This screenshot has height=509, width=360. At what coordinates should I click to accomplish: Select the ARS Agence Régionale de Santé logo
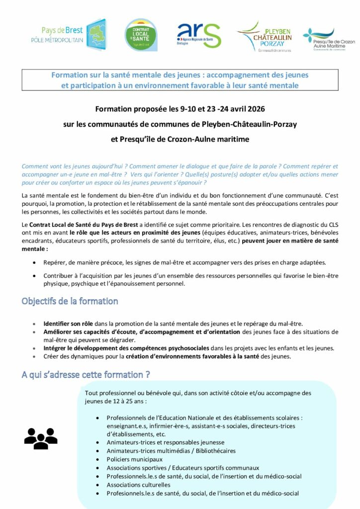tap(199, 35)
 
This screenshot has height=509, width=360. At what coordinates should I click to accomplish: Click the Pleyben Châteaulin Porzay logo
tap(265, 36)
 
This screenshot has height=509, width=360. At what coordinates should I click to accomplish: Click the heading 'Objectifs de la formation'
tap(70, 301)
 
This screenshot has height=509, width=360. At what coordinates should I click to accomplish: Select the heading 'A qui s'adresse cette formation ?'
tap(86, 374)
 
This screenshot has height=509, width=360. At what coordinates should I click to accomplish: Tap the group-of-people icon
tap(41, 438)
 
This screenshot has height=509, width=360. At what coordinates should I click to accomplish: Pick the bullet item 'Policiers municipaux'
tap(134, 459)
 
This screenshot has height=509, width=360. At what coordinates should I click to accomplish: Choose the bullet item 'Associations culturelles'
tap(138, 485)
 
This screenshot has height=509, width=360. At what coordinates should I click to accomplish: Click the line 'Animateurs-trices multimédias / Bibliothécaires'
tap(171, 451)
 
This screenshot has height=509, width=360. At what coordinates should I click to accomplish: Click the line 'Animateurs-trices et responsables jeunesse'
tap(165, 442)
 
